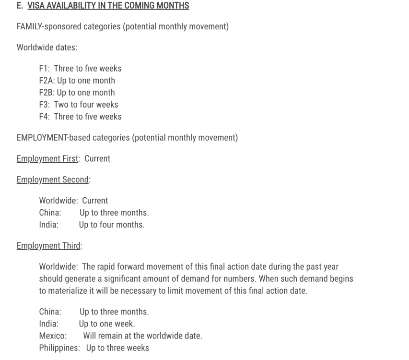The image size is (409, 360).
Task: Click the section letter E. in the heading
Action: (20, 6)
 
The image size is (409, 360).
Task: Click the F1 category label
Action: (45, 68)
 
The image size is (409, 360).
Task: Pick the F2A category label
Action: (47, 80)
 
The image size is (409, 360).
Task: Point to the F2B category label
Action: (47, 92)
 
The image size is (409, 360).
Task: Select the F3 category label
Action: (45, 104)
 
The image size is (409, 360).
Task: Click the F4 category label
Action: (45, 116)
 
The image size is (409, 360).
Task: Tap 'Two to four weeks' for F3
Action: (86, 104)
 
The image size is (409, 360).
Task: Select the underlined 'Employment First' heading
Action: (47, 158)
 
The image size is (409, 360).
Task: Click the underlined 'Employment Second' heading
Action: (53, 180)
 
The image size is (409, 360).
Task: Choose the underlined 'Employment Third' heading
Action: (48, 246)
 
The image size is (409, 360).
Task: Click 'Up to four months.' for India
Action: (112, 224)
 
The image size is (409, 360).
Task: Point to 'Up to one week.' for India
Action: (107, 324)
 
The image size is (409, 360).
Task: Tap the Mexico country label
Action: (53, 336)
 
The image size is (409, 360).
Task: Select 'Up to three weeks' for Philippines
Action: (117, 348)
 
